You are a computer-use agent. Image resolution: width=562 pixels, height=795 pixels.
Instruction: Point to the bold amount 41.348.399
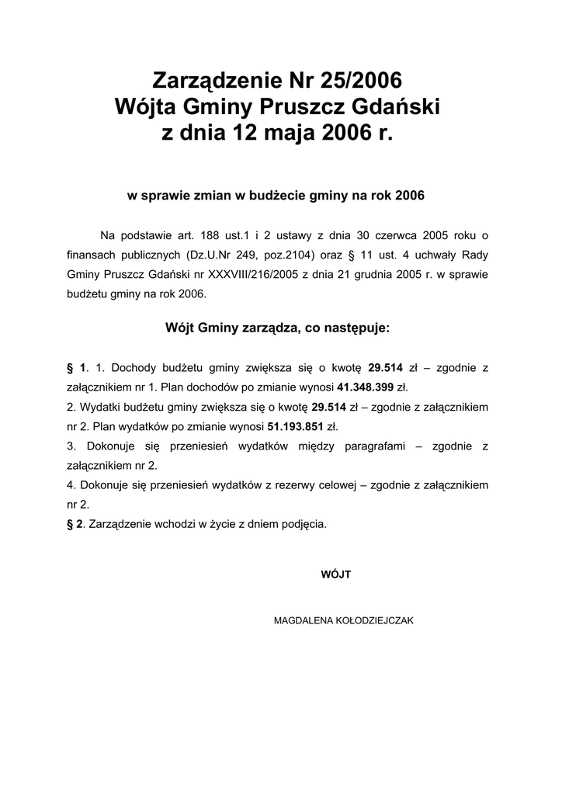tap(366, 386)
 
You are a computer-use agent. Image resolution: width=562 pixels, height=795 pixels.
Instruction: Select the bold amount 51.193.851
tap(294, 426)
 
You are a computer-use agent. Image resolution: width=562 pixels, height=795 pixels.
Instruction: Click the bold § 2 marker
tap(75, 524)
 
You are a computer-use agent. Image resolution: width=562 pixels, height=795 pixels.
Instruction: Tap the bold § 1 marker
tap(75, 366)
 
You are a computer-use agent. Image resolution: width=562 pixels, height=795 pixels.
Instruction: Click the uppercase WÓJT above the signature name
tap(336, 575)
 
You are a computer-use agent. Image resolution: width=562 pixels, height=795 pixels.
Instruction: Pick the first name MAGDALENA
tap(300, 621)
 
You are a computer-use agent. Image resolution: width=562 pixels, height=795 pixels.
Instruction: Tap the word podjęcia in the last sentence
tap(304, 524)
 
